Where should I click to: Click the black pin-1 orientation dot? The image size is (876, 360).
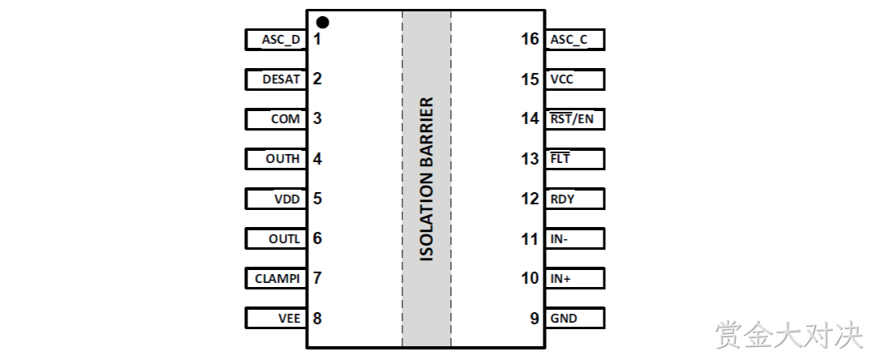(322, 23)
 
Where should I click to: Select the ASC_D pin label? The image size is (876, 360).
(281, 41)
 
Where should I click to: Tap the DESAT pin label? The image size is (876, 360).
(281, 79)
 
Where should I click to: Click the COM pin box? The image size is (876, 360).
(276, 119)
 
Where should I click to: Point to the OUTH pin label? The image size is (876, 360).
(283, 158)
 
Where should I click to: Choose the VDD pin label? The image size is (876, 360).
(287, 199)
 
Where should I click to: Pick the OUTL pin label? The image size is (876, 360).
(285, 239)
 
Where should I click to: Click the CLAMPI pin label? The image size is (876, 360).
(277, 278)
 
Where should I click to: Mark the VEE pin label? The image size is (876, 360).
(290, 318)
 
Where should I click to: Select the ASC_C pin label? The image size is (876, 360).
(569, 41)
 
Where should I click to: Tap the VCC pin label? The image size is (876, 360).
(562, 79)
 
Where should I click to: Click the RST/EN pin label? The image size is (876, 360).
(572, 119)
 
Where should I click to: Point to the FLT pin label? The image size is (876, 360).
(560, 158)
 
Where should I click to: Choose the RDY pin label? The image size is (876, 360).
(563, 199)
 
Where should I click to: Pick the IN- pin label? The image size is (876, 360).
(559, 239)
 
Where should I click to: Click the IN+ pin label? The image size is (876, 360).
(560, 278)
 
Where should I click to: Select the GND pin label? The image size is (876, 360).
(564, 318)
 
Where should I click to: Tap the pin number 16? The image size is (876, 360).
(530, 39)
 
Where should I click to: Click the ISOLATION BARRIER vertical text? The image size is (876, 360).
(427, 179)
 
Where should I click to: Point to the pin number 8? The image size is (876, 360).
(317, 318)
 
